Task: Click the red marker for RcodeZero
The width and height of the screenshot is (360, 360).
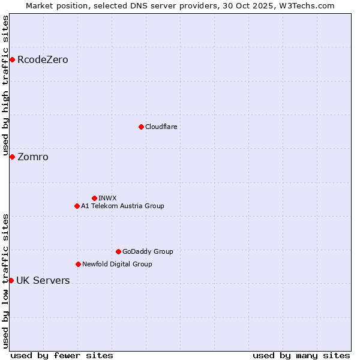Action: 12,59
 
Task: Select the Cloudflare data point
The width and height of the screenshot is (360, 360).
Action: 141,127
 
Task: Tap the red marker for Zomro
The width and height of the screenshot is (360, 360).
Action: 12,157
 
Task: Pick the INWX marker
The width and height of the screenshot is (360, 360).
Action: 94,198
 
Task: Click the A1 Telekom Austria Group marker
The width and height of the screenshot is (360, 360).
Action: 77,206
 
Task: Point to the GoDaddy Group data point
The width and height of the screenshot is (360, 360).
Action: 118,251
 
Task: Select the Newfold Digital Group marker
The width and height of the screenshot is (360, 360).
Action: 78,264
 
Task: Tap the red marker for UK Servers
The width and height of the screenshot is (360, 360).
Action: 11,280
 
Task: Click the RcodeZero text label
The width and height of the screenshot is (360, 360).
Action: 43,59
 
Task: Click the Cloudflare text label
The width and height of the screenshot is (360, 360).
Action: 161,127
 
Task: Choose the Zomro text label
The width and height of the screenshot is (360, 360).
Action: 33,157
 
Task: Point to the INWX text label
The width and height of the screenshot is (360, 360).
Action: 107,198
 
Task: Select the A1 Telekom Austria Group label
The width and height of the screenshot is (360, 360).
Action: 122,206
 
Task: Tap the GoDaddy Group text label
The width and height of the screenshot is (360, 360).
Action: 148,251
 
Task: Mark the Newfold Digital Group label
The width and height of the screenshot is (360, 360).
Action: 117,264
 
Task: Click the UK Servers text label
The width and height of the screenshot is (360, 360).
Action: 43,280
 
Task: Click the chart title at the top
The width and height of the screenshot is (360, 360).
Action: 180,5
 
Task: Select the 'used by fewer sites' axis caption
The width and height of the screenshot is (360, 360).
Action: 62,355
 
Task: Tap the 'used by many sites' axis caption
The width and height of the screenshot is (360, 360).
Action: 301,355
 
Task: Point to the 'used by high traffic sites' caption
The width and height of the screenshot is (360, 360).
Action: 5,84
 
